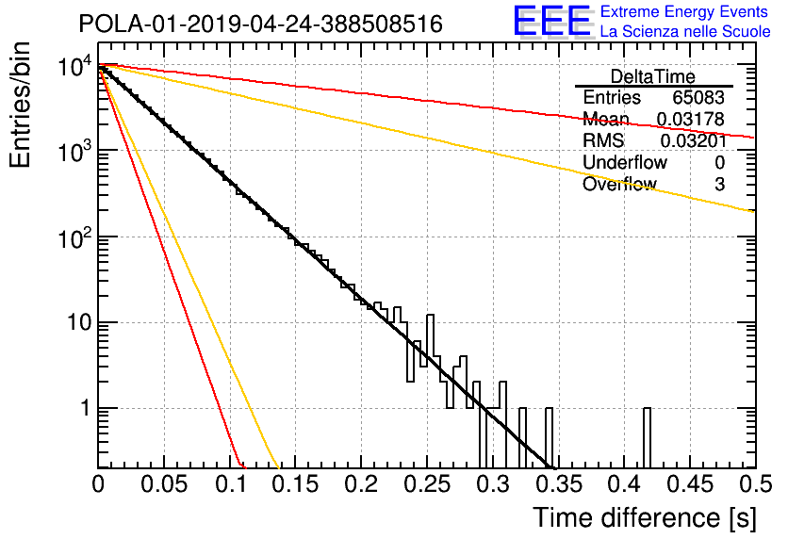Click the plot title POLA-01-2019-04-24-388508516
(260, 24)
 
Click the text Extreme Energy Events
(684, 11)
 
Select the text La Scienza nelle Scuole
(685, 32)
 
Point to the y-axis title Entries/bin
(21, 105)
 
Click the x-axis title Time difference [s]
(645, 518)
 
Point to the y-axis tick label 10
(80, 322)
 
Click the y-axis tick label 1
(87, 408)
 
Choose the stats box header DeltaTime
(653, 77)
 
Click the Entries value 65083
(698, 97)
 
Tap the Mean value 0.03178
(691, 119)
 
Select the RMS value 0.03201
(694, 140)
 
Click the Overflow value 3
(719, 185)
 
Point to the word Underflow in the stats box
(625, 162)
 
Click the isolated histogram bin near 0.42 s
(647, 437)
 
